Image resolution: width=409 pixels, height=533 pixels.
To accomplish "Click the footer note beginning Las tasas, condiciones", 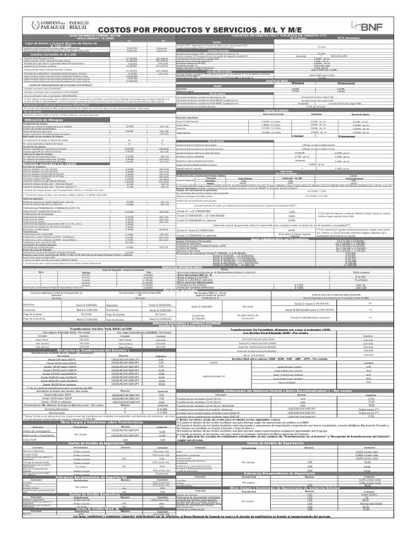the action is click(x=204, y=525).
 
